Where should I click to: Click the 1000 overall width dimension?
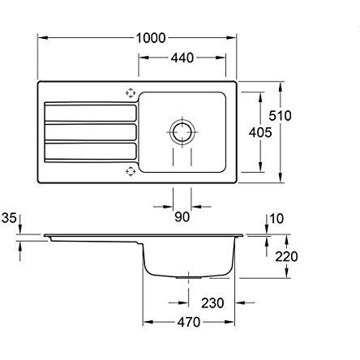click(151, 38)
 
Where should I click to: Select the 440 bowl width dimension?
click(182, 58)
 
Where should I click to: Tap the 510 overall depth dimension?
click(280, 116)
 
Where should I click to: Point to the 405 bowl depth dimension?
click(260, 132)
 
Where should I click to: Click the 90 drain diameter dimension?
click(182, 216)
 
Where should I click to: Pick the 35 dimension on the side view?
click(9, 218)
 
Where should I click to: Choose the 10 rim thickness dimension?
click(276, 219)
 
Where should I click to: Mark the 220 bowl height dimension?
click(286, 256)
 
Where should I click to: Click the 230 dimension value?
click(212, 303)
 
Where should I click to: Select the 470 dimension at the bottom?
click(189, 322)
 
